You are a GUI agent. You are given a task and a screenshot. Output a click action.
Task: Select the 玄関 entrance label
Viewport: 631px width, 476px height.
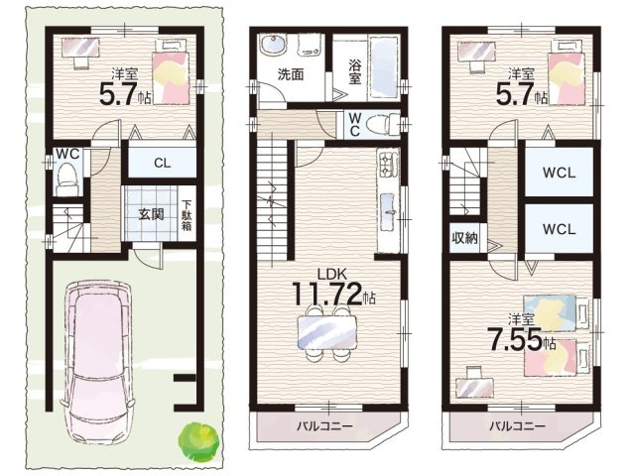151,214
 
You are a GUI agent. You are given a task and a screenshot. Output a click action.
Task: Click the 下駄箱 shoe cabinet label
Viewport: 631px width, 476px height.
187,215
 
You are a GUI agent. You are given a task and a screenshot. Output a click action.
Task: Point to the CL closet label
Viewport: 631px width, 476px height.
162,163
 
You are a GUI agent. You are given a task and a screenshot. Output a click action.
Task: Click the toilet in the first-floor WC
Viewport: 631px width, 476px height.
67,181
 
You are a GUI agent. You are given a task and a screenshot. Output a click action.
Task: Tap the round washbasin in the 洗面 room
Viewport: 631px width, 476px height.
273,45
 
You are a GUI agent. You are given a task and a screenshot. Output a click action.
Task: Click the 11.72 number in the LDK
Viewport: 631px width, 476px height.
326,295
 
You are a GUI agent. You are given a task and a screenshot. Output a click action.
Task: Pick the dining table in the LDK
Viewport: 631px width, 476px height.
326,332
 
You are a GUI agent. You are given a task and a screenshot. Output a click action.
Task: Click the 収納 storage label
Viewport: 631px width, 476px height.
464,238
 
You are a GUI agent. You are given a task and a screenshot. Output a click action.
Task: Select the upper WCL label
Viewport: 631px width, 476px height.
559,173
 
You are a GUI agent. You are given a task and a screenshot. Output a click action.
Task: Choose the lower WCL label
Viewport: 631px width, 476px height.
559,229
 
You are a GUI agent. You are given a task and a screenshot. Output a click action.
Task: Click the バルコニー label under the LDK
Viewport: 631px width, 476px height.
324,425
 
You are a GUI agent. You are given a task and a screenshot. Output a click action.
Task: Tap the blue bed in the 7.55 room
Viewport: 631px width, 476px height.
556,312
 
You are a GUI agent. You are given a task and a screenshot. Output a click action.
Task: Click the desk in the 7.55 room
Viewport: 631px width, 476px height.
475,387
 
